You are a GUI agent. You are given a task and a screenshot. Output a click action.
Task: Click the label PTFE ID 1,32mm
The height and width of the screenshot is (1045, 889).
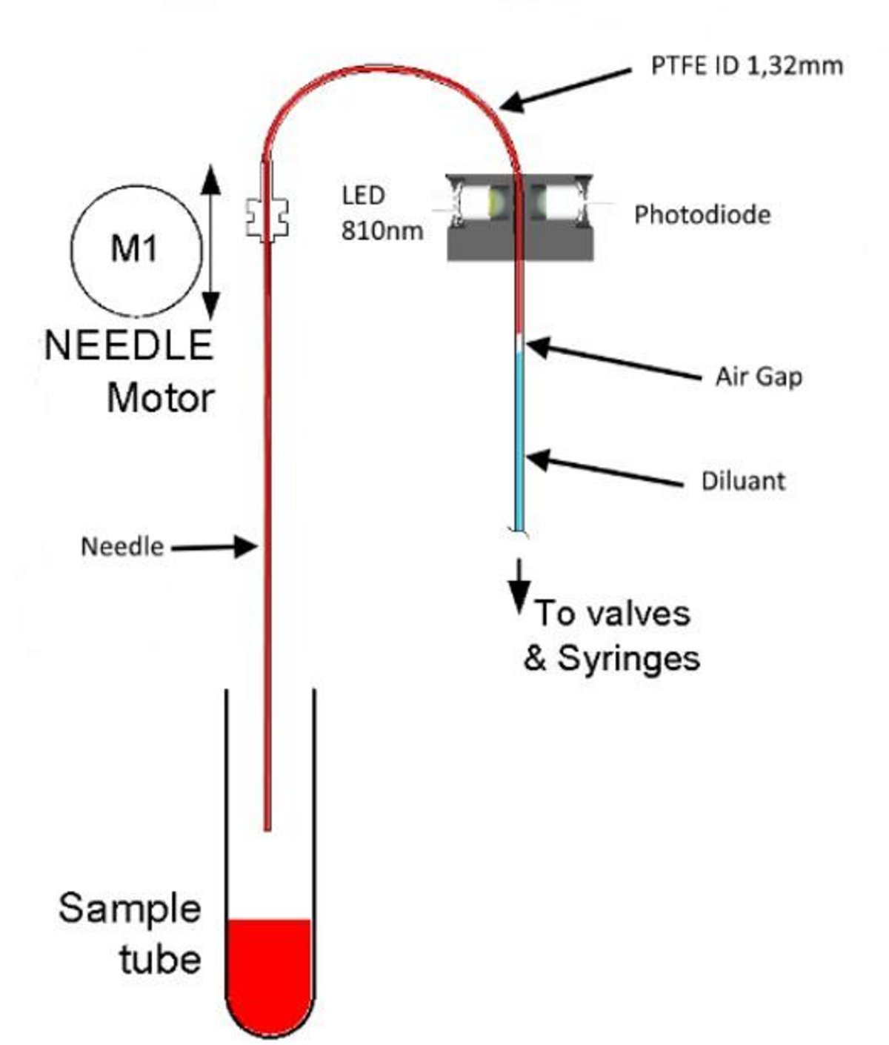[746, 65]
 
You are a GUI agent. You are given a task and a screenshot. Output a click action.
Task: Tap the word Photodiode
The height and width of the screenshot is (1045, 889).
[702, 215]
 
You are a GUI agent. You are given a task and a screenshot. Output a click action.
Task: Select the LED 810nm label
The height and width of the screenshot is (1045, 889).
[381, 213]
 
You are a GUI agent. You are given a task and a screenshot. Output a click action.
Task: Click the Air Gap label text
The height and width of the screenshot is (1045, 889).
[758, 376]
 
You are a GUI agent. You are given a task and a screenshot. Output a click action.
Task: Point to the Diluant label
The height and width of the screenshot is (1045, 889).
[742, 481]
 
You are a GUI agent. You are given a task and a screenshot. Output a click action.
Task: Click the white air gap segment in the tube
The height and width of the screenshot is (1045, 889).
[521, 344]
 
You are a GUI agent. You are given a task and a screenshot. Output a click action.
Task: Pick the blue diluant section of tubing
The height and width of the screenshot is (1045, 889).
[521, 437]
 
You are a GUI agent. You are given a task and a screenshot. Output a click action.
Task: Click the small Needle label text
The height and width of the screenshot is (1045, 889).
[121, 547]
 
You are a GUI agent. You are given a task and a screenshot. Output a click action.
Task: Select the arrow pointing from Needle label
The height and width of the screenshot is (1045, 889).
[215, 548]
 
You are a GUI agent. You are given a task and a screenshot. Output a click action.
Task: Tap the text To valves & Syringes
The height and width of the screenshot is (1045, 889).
[612, 636]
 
